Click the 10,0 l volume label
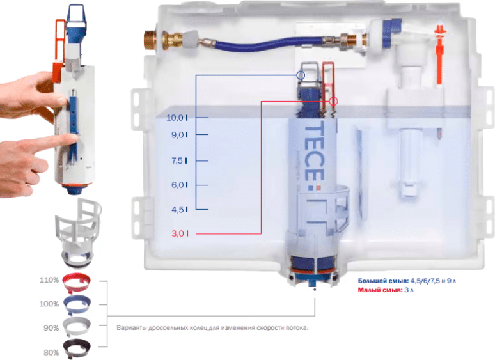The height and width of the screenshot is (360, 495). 177,118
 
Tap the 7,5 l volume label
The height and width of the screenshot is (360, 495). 179,160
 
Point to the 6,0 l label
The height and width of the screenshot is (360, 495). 180,185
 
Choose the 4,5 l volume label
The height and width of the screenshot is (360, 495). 180,209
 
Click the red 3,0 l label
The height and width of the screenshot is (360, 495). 180,233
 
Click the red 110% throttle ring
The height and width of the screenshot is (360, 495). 76,282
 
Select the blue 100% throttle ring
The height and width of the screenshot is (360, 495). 77,304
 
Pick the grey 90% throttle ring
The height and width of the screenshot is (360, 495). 77,327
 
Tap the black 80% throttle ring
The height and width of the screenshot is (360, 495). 77,348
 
